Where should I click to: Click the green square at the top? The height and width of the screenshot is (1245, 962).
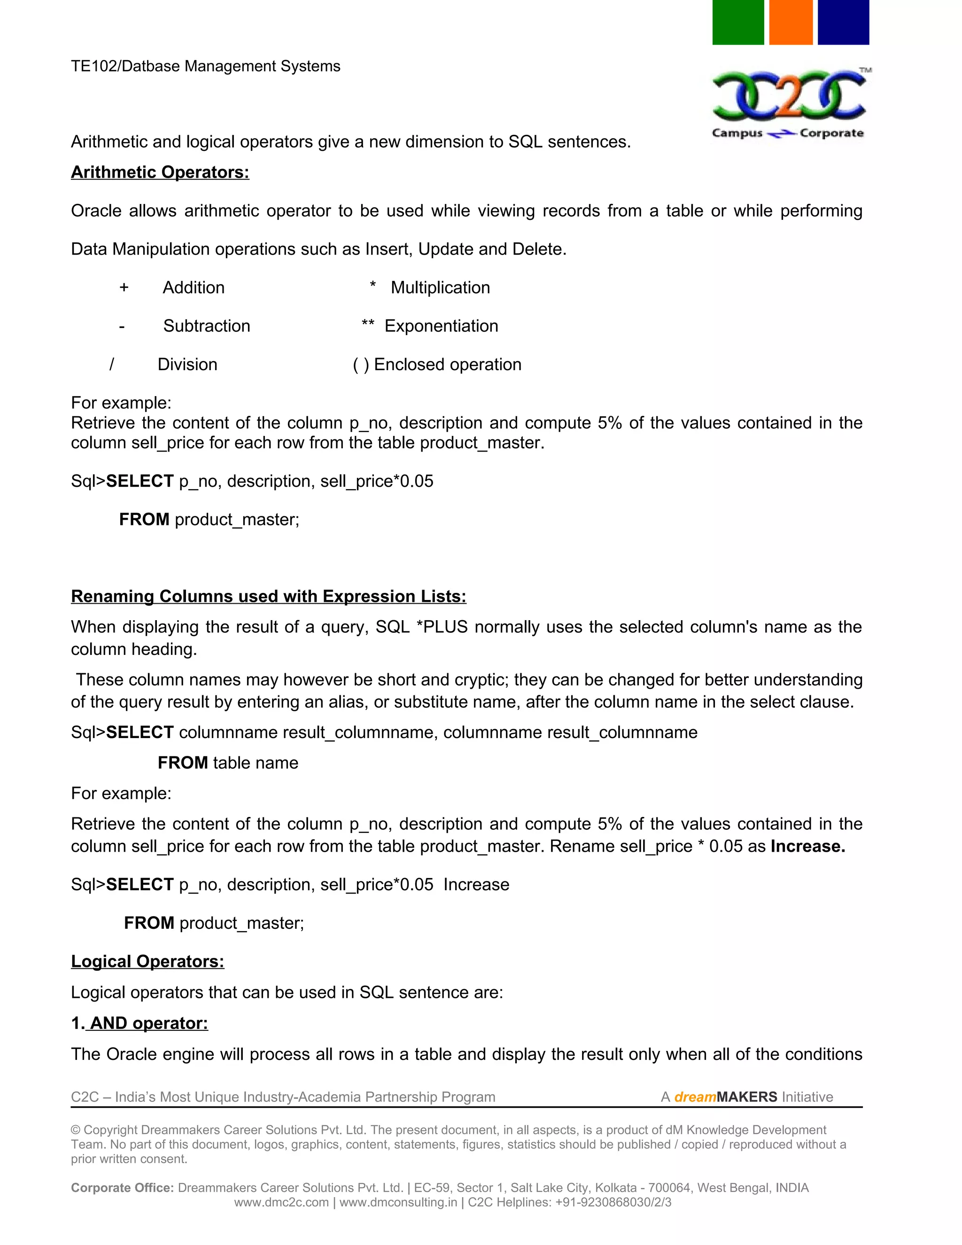pyautogui.click(x=737, y=22)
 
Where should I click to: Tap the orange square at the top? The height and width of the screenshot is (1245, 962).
pyautogui.click(x=791, y=22)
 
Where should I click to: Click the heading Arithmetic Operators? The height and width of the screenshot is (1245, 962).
pyautogui.click(x=160, y=172)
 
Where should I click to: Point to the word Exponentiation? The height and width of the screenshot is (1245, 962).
pyautogui.click(x=441, y=326)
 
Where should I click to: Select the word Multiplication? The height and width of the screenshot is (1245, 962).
pyautogui.click(x=440, y=288)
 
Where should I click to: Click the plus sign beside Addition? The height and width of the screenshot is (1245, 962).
pyautogui.click(x=124, y=288)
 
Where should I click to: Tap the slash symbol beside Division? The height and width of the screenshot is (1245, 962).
pyautogui.click(x=112, y=364)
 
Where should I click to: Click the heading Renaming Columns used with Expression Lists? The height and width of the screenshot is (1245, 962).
pyautogui.click(x=268, y=596)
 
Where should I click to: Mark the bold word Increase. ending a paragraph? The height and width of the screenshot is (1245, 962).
pyautogui.click(x=807, y=846)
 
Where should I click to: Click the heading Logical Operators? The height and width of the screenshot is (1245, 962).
pyautogui.click(x=147, y=961)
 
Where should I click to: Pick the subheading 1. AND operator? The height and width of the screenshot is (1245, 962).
pyautogui.click(x=139, y=1023)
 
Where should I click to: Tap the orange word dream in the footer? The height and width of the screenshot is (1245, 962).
pyautogui.click(x=695, y=1097)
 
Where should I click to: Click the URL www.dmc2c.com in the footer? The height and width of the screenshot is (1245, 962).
pyautogui.click(x=281, y=1202)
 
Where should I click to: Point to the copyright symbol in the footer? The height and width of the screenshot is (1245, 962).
pyautogui.click(x=76, y=1130)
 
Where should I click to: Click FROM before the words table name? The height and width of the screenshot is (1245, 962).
pyautogui.click(x=182, y=763)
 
